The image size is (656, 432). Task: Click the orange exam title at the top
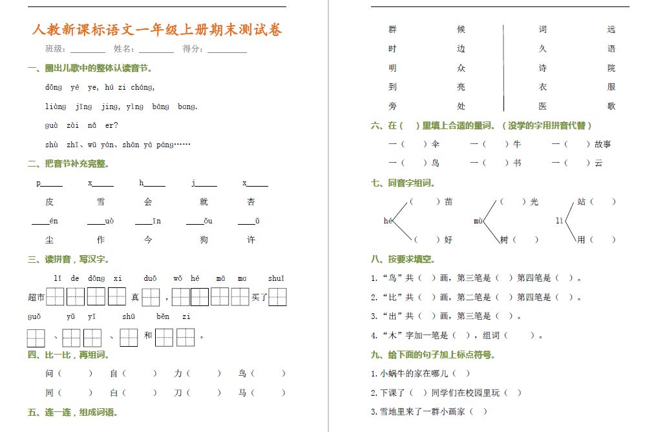(157, 30)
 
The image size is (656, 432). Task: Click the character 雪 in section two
(101, 202)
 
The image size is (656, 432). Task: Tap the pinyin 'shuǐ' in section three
(276, 279)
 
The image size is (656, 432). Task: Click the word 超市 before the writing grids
(36, 298)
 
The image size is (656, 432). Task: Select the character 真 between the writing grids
(135, 298)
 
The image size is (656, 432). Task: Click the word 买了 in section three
(259, 298)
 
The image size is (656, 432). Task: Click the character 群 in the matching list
(392, 30)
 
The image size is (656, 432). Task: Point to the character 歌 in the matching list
(611, 106)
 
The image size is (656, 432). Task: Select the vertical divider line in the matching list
(503, 68)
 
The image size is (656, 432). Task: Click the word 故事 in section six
(603, 145)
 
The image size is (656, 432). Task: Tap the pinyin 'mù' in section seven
(478, 221)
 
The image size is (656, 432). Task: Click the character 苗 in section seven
(449, 202)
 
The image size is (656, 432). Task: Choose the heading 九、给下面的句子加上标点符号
(433, 355)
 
